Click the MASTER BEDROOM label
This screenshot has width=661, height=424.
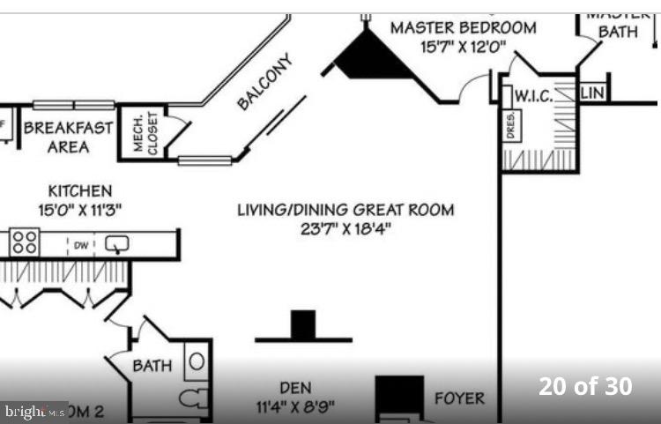pyautogui.click(x=463, y=27)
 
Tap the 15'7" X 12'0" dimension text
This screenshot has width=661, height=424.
pyautogui.click(x=463, y=48)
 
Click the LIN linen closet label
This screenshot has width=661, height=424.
pyautogui.click(x=591, y=93)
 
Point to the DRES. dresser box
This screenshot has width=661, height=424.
pyautogui.click(x=510, y=125)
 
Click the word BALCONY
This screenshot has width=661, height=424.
pyautogui.click(x=264, y=81)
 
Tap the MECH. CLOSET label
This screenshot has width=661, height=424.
pyautogui.click(x=145, y=133)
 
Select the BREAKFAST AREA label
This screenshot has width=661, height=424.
pyautogui.click(x=68, y=137)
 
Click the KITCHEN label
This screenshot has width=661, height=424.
pyautogui.click(x=79, y=190)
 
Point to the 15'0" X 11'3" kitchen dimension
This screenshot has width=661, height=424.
pyautogui.click(x=79, y=210)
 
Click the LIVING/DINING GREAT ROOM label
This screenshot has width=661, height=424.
pyautogui.click(x=345, y=210)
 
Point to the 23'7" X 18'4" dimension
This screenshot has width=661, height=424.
pyautogui.click(x=345, y=229)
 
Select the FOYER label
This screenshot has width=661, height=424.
pyautogui.click(x=459, y=398)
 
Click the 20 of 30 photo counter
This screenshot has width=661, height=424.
pyautogui.click(x=585, y=386)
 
